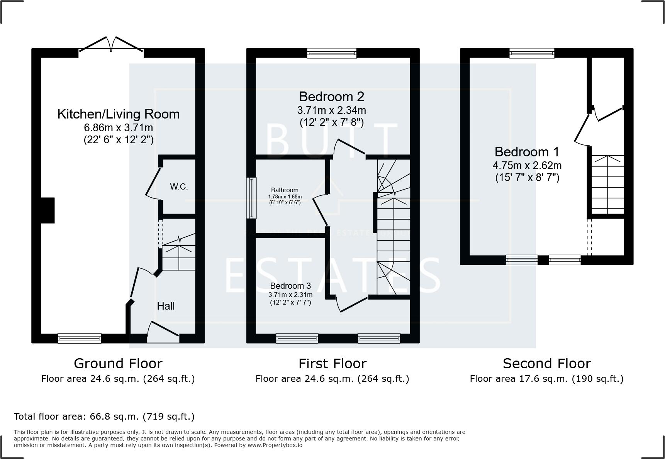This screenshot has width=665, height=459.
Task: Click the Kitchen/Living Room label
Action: tap(118, 114)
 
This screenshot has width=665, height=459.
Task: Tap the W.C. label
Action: tap(179, 187)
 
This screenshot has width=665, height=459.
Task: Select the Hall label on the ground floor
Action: tap(166, 306)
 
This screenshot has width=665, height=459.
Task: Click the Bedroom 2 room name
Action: tap(331, 97)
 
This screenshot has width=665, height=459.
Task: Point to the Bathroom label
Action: tap(285, 190)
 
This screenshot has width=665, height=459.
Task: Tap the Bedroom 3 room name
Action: tap(290, 286)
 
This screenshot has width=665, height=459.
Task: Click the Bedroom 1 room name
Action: tap(527, 152)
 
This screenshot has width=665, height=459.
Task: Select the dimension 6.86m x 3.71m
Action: tap(118, 127)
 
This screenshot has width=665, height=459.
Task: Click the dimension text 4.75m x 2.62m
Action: tap(527, 166)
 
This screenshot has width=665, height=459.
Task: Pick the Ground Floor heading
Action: tap(118, 364)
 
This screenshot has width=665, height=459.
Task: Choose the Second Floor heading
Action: tap(546, 364)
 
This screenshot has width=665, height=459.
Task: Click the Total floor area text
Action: tap(104, 417)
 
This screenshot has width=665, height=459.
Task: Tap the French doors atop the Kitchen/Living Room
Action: tap(111, 44)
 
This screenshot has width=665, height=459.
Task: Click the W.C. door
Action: tap(153, 182)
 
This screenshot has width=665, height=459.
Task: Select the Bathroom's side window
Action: tap(251, 198)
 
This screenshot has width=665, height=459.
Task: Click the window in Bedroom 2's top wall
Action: tap(331, 53)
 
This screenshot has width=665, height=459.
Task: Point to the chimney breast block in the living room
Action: tap(47, 210)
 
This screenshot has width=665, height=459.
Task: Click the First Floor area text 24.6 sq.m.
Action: tap(332, 379)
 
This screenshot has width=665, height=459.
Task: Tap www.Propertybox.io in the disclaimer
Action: tap(275, 445)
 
